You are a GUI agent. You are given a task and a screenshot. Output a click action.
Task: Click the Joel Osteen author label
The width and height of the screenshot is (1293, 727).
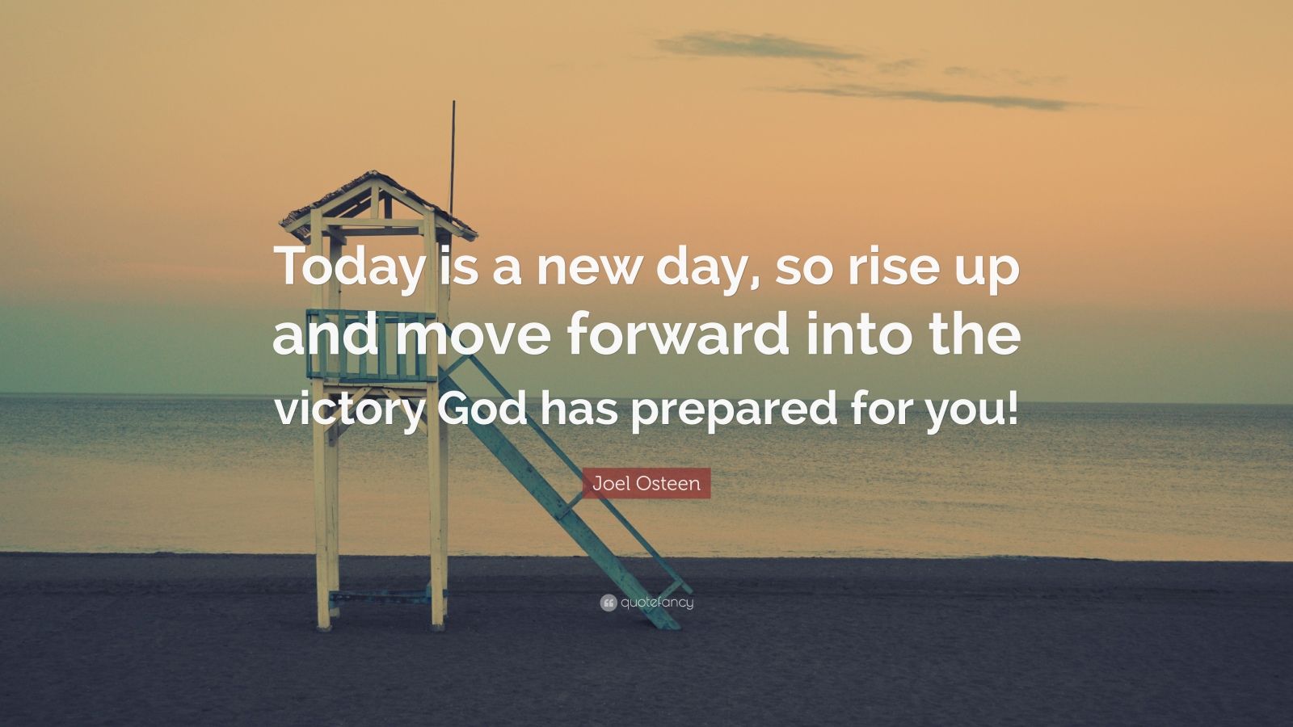[x=646, y=483]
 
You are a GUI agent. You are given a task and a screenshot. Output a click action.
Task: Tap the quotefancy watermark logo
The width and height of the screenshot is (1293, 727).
[x=646, y=602]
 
